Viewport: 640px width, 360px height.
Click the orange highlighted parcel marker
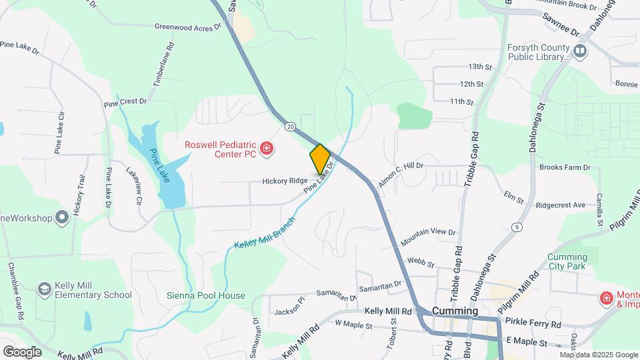320,159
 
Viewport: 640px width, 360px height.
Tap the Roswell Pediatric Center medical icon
267,148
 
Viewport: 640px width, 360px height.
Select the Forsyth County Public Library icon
580,51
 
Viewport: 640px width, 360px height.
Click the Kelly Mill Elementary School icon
45,289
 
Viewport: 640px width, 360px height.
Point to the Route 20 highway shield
290,126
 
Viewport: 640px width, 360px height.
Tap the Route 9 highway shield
516,228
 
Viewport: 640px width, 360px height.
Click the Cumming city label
455,311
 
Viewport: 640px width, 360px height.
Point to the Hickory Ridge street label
285,181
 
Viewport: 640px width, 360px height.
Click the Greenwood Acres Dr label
187,27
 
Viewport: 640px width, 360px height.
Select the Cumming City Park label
567,262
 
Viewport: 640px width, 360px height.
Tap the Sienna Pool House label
206,295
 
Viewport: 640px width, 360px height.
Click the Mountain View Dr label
428,233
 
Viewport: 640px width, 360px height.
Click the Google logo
22,351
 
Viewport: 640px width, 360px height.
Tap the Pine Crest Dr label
125,102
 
